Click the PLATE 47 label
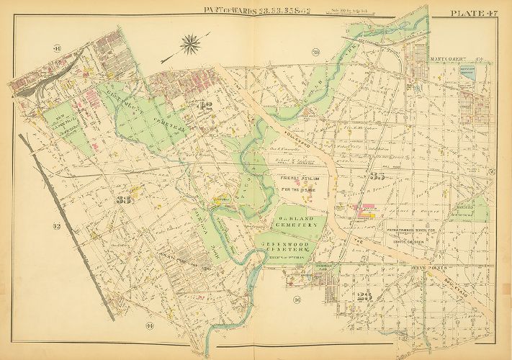473,12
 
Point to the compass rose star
191,45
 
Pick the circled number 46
296,299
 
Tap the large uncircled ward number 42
205,108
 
